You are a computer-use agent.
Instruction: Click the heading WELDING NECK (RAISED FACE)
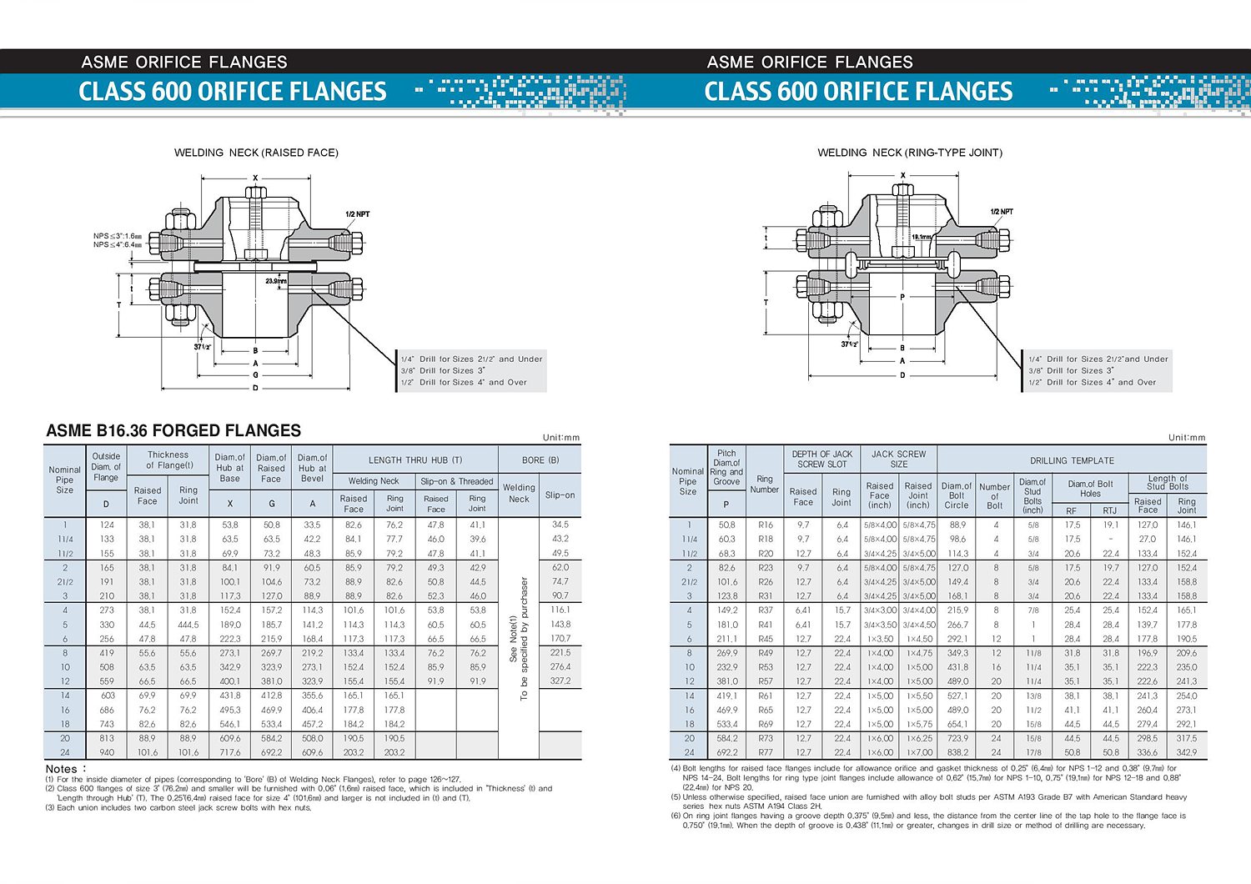click(x=256, y=153)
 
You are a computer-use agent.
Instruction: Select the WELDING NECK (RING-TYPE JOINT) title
click(x=909, y=153)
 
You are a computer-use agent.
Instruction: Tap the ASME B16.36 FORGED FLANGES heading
click(x=173, y=430)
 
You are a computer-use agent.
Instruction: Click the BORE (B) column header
click(x=540, y=460)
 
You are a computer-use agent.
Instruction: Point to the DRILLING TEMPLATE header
click(x=1072, y=460)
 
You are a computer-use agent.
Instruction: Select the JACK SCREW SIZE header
click(x=898, y=459)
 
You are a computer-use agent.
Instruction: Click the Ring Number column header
click(x=764, y=485)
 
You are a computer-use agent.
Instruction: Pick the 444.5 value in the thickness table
click(x=188, y=625)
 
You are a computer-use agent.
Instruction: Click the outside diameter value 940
click(x=107, y=752)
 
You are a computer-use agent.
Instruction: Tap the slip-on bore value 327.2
click(x=560, y=681)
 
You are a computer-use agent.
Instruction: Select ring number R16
click(x=766, y=525)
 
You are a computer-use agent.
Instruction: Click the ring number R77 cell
click(x=766, y=752)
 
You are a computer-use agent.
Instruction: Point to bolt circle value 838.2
click(x=957, y=752)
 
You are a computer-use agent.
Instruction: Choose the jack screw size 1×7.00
click(x=918, y=752)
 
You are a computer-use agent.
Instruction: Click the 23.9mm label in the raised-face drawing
click(x=276, y=281)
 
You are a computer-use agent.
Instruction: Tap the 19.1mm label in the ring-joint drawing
click(x=922, y=237)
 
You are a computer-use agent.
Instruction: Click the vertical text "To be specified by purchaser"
click(x=525, y=639)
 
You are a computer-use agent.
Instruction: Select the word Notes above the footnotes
click(x=62, y=769)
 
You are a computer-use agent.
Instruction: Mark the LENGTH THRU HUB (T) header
click(x=415, y=460)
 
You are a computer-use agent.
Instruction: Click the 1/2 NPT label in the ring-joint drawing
click(x=1002, y=212)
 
